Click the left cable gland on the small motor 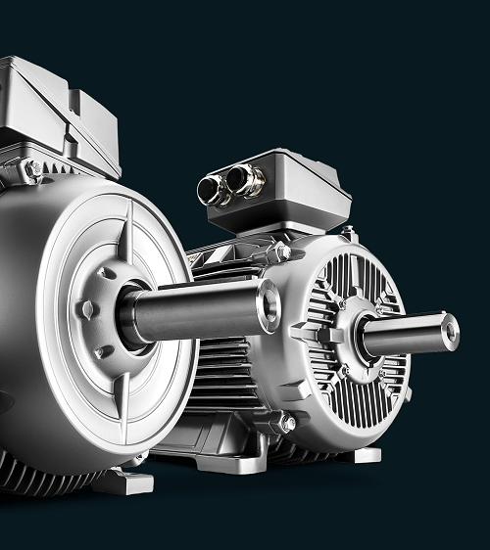[x=211, y=189]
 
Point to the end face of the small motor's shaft [x=450, y=330]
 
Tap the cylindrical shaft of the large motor [x=196, y=311]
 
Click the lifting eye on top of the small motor [x=348, y=233]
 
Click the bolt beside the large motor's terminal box [x=34, y=169]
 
